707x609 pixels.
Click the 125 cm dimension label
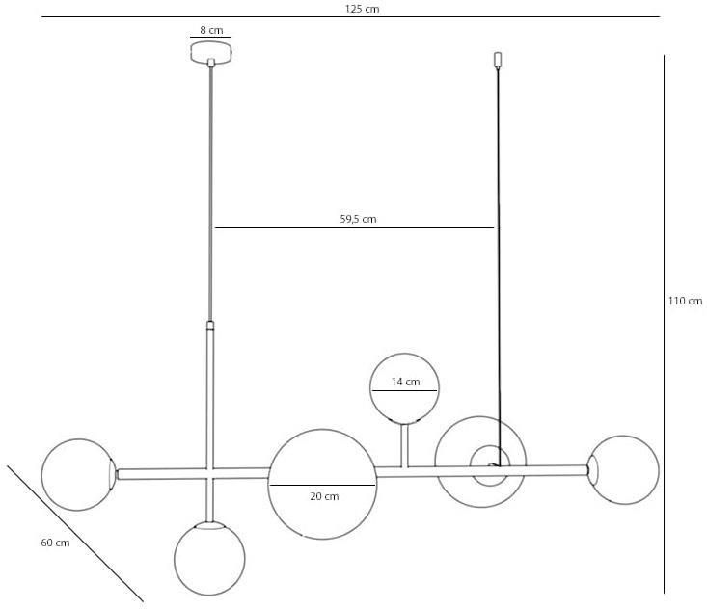[362, 9]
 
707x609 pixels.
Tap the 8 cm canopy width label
[211, 30]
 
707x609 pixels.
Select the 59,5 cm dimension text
[358, 219]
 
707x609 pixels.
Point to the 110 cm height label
[685, 301]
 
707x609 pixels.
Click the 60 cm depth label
[55, 543]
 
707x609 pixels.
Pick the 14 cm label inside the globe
[405, 382]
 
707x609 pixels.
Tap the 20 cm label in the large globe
[324, 496]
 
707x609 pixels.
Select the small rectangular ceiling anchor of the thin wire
[498, 60]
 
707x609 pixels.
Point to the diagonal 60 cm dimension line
[75, 534]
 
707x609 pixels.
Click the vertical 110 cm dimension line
[664, 325]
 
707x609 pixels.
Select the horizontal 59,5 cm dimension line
[354, 228]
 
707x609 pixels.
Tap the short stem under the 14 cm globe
[405, 445]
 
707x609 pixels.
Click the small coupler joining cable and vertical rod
[210, 326]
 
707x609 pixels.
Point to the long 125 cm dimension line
[351, 17]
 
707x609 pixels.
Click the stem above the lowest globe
[209, 500]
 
